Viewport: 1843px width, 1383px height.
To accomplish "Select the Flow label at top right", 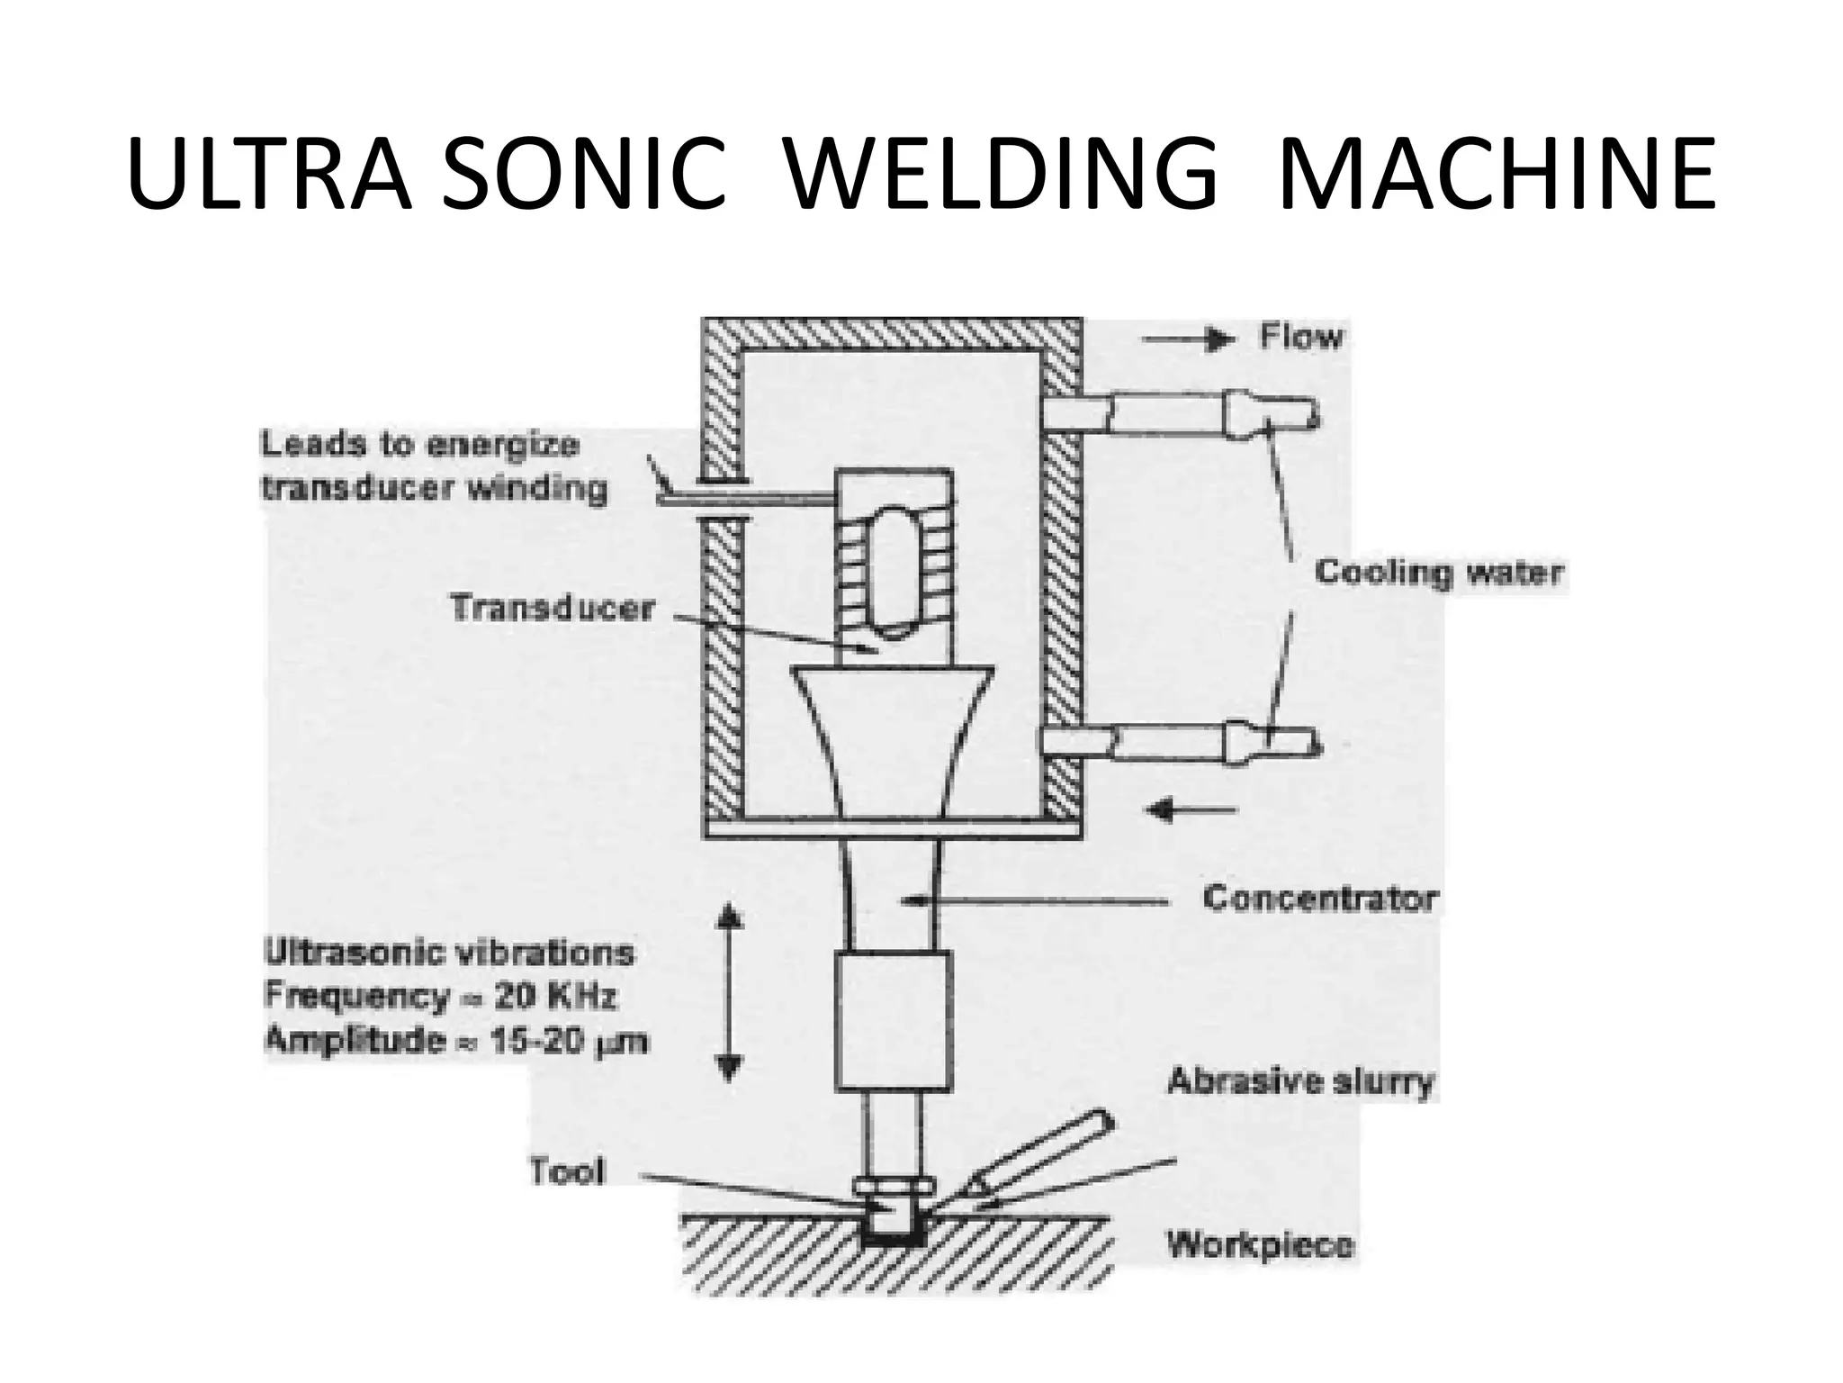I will (1301, 337).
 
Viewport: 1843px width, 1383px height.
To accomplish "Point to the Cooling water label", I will (1438, 573).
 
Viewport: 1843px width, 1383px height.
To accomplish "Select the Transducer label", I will (552, 608).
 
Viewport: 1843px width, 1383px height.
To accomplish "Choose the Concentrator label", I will (1320, 899).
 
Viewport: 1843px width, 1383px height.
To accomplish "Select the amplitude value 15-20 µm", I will (569, 1041).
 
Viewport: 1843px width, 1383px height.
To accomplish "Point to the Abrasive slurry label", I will (1300, 1080).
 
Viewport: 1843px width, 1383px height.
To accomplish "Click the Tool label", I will (567, 1171).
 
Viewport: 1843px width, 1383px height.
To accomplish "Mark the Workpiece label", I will (1260, 1245).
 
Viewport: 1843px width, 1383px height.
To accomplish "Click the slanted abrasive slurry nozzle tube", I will (1044, 1160).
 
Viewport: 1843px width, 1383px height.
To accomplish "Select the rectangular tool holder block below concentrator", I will (893, 1022).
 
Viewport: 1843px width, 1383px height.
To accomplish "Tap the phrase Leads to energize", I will (419, 445).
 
